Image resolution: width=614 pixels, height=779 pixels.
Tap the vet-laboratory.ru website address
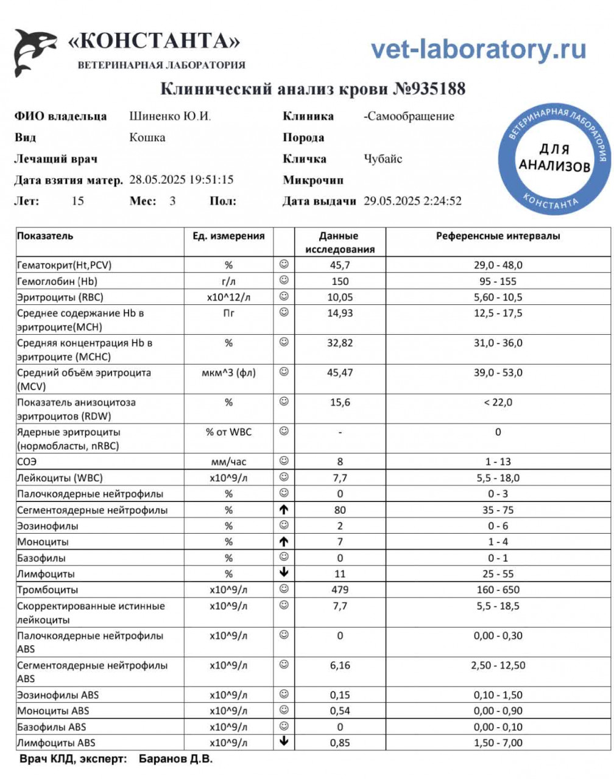pyautogui.click(x=478, y=49)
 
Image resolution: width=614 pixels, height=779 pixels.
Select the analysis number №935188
pyautogui.click(x=429, y=89)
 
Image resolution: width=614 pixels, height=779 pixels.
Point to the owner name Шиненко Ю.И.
pyautogui.click(x=170, y=116)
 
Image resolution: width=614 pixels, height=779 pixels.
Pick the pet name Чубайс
pyautogui.click(x=383, y=159)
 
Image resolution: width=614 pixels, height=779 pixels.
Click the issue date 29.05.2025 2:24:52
pyautogui.click(x=412, y=201)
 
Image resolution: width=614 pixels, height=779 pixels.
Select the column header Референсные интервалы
pyautogui.click(x=498, y=236)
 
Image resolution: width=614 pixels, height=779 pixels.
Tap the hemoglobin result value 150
pyautogui.click(x=340, y=281)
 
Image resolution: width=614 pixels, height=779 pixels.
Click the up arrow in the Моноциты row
pyautogui.click(x=284, y=542)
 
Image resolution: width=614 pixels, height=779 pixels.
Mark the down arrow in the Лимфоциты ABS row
pyautogui.click(x=284, y=742)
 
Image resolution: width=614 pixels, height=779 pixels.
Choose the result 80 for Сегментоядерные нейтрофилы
pyautogui.click(x=340, y=510)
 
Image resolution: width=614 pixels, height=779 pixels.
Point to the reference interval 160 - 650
pyautogui.click(x=498, y=590)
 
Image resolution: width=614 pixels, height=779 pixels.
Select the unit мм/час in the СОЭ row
pyautogui.click(x=228, y=462)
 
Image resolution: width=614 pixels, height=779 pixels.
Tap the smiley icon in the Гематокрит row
pyautogui.click(x=284, y=264)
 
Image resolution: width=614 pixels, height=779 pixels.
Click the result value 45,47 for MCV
pyautogui.click(x=340, y=372)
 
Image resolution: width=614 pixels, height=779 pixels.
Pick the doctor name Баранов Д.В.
pyautogui.click(x=175, y=759)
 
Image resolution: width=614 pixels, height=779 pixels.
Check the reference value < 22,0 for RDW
pyautogui.click(x=498, y=402)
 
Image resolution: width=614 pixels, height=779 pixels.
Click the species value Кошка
pyautogui.click(x=147, y=138)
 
